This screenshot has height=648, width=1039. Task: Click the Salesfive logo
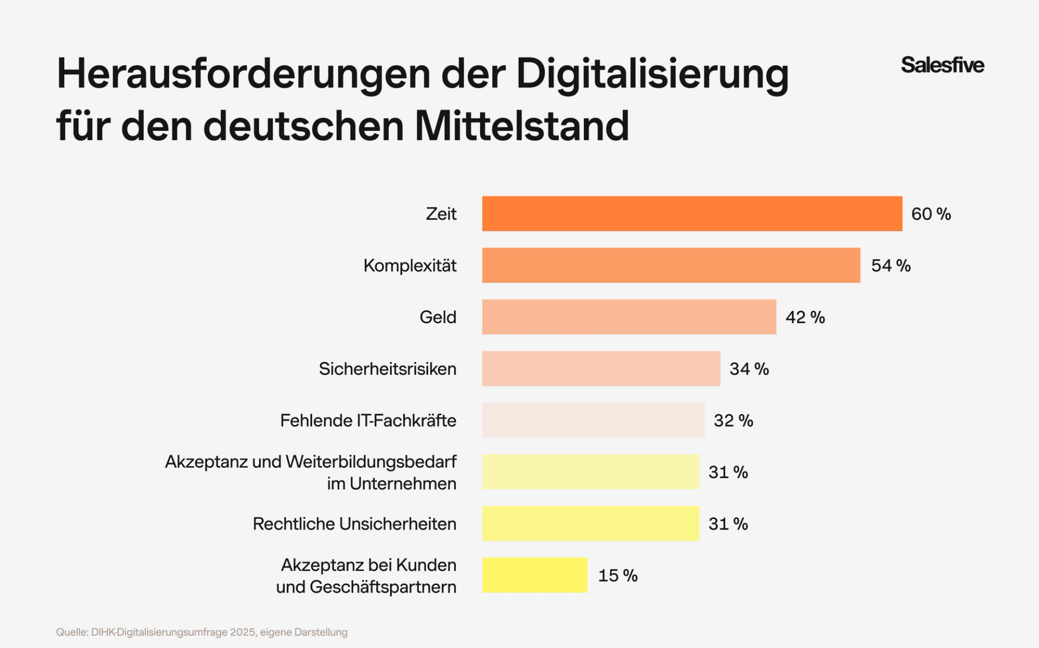point(942,65)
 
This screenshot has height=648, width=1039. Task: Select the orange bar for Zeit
point(692,214)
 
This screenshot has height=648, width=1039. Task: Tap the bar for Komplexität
point(671,265)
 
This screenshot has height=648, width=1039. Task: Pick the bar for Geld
point(629,317)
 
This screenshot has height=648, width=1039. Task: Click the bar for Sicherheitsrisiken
point(601,369)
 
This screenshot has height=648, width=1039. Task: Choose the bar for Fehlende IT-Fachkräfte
point(593,420)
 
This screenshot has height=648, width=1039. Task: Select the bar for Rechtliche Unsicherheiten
point(590,523)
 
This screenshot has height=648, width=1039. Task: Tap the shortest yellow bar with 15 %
point(534,575)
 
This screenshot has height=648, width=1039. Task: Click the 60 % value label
point(931,214)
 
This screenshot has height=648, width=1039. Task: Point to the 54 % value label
point(891,265)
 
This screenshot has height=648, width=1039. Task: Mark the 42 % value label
point(805,317)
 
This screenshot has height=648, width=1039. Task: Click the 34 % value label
point(749,369)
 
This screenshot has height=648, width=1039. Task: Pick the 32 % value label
point(733,421)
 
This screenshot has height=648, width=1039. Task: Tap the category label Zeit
point(441,214)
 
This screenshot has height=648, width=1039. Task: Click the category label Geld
point(438,317)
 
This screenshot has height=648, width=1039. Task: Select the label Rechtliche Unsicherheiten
point(354,524)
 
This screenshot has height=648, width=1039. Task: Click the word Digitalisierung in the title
point(652,75)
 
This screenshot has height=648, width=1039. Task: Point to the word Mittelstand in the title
point(522,126)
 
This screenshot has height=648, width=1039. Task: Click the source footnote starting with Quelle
point(202,632)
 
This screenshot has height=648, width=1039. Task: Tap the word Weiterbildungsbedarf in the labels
point(371,462)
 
